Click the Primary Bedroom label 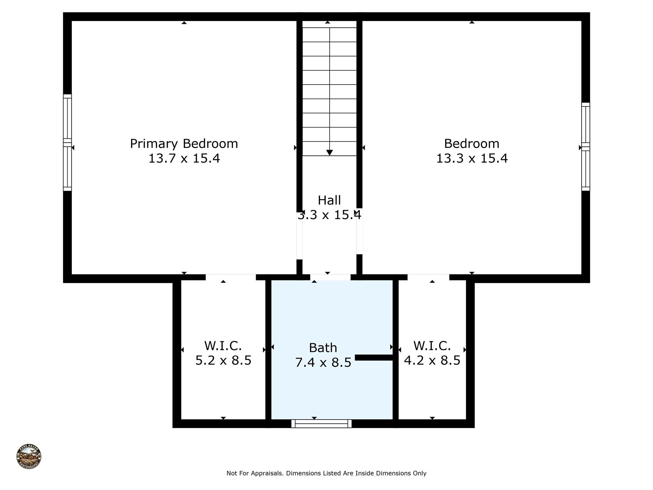(184, 144)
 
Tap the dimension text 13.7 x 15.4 (184, 159)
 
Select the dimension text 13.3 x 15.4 (472, 159)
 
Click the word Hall (329, 200)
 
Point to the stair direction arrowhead (329, 153)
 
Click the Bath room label (323, 348)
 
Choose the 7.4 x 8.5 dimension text (323, 363)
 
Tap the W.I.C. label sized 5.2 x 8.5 (223, 346)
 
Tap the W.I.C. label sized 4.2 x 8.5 (432, 346)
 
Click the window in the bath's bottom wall (321, 424)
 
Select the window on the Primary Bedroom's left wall (67, 143)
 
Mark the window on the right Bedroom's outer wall (585, 147)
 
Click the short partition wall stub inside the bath (374, 358)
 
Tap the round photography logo (29, 457)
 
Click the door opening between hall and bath (330, 277)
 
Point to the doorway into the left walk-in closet (231, 277)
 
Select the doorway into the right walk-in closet (428, 277)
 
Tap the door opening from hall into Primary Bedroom (299, 236)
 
